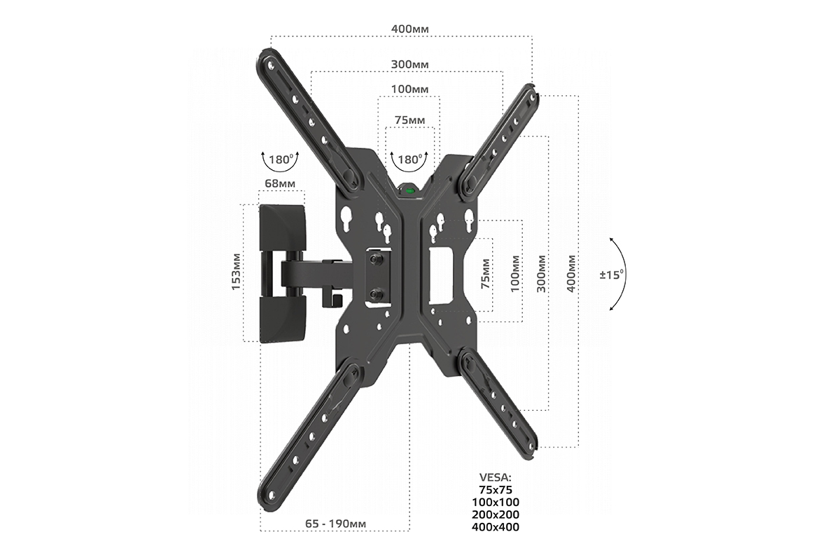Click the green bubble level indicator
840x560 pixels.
tap(409, 191)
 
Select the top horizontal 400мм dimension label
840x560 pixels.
tap(410, 29)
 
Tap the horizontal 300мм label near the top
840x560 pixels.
tap(410, 64)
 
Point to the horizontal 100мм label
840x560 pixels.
tap(410, 90)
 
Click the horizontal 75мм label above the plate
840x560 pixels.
tap(410, 120)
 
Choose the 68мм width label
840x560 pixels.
tap(280, 183)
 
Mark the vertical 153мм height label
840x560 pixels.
tap(236, 272)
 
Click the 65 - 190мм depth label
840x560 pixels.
tap(335, 524)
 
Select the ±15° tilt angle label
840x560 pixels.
tap(612, 274)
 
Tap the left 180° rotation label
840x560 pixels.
tap(281, 160)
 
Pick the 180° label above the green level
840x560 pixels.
tap(409, 160)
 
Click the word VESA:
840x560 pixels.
tap(496, 477)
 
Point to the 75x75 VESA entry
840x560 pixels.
tap(496, 489)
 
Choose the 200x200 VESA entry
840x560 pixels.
tap(496, 514)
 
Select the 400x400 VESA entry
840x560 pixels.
tap(496, 526)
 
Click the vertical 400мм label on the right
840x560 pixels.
tap(571, 274)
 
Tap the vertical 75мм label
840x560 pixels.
tap(486, 274)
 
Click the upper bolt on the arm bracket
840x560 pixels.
tap(376, 260)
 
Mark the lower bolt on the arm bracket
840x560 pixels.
tap(376, 295)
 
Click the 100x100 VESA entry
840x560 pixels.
tap(496, 502)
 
